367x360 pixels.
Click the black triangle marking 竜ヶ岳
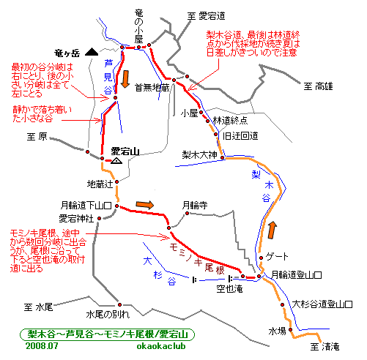click(92, 52)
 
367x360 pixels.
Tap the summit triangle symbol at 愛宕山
click(116, 161)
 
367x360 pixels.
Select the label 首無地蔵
click(152, 88)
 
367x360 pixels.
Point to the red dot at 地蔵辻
click(117, 181)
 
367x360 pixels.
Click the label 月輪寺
click(195, 206)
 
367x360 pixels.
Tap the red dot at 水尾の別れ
click(119, 304)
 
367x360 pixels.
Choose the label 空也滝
click(229, 289)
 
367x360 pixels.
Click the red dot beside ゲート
click(261, 258)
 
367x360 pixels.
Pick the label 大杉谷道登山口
click(322, 304)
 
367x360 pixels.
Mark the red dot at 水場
click(291, 329)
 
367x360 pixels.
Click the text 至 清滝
click(325, 347)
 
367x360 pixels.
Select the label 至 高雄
click(318, 86)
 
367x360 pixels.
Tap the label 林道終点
click(230, 121)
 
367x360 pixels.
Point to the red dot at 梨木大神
click(223, 158)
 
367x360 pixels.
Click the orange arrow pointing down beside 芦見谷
click(125, 79)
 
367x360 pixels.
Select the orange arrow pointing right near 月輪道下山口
click(145, 205)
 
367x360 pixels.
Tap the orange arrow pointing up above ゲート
click(273, 230)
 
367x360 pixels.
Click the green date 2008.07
click(42, 346)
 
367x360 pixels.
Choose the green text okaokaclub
click(161, 346)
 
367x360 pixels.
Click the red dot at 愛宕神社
click(99, 218)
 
